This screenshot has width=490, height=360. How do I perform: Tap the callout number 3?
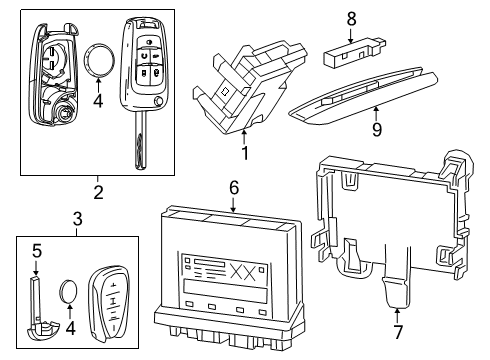click(78, 219)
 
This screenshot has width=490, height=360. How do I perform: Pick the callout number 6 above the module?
click(233, 186)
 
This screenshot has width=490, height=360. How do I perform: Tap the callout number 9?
click(376, 127)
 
